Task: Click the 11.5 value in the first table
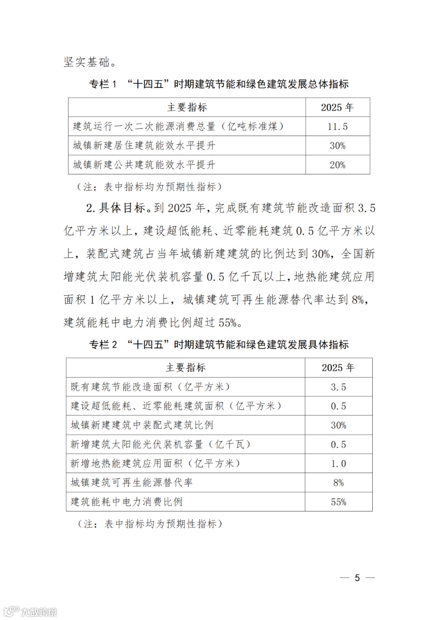[337, 127]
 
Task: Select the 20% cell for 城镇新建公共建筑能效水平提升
[337, 165]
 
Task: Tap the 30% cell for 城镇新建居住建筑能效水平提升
[337, 146]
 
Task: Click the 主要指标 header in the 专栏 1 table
[187, 108]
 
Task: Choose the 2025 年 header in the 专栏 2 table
[338, 368]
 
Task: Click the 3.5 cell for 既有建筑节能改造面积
[338, 387]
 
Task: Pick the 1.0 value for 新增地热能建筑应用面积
[338, 464]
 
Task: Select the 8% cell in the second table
[338, 483]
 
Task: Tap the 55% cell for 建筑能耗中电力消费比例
[338, 502]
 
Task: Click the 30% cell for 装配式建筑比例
[338, 426]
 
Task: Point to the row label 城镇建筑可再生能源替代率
[131, 483]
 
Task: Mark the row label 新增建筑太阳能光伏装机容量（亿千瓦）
[161, 445]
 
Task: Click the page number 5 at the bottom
[357, 578]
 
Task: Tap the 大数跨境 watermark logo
[30, 611]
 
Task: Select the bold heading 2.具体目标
[116, 208]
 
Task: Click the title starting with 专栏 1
[219, 84]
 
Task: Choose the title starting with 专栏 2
[219, 345]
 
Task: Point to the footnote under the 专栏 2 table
[150, 524]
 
